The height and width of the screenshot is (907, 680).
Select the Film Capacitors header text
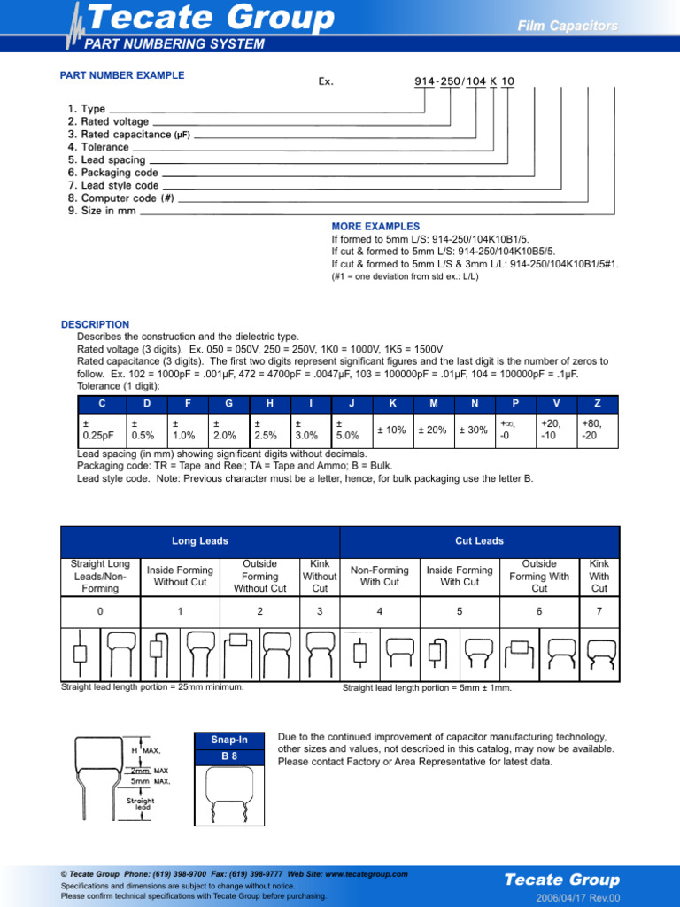(568, 27)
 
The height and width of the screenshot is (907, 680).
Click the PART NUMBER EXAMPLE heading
(122, 75)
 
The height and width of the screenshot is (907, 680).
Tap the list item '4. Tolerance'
(98, 147)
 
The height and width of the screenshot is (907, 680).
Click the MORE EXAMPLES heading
(375, 227)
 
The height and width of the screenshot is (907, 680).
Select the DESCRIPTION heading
(95, 324)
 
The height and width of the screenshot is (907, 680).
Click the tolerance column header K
(392, 404)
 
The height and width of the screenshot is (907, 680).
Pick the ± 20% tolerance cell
(432, 430)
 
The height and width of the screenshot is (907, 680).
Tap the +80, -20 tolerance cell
(598, 430)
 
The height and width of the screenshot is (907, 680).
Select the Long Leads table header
(200, 541)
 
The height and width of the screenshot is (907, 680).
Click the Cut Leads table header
(479, 541)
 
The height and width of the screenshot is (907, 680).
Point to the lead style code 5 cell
(460, 611)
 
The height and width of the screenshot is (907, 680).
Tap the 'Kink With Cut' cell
(599, 576)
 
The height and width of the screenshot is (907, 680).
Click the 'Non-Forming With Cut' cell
(380, 576)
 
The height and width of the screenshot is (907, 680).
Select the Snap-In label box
(229, 740)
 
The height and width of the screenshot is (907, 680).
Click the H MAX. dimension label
(146, 750)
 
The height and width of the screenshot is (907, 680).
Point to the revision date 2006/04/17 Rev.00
(578, 897)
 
